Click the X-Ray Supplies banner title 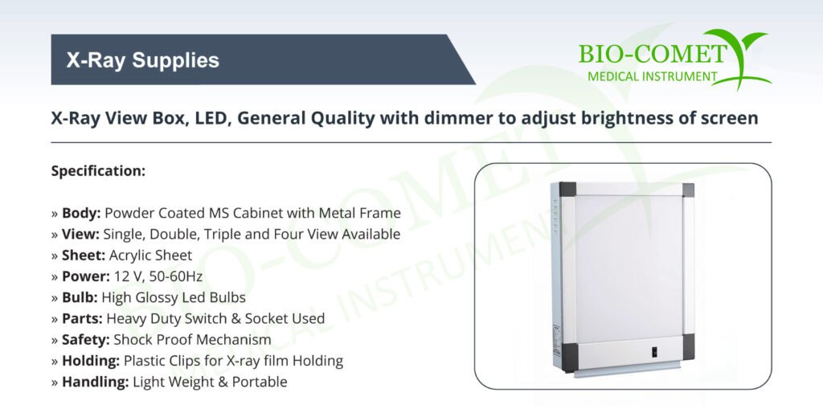pyautogui.click(x=143, y=59)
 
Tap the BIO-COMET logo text pyautogui.click(x=653, y=55)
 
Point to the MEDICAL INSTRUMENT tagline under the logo pyautogui.click(x=653, y=76)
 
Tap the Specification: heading pyautogui.click(x=98, y=171)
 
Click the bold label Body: pyautogui.click(x=81, y=213)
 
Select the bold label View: pyautogui.click(x=80, y=234)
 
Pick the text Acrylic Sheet pyautogui.click(x=150, y=256)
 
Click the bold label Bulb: pyautogui.click(x=80, y=297)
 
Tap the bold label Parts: pyautogui.click(x=83, y=318)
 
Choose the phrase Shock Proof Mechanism pyautogui.click(x=193, y=340)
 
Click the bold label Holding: pyautogui.click(x=91, y=361)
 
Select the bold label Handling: pyautogui.click(x=95, y=382)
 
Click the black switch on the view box pyautogui.click(x=654, y=352)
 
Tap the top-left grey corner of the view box pyautogui.click(x=567, y=190)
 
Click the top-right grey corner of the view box pyautogui.click(x=688, y=190)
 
